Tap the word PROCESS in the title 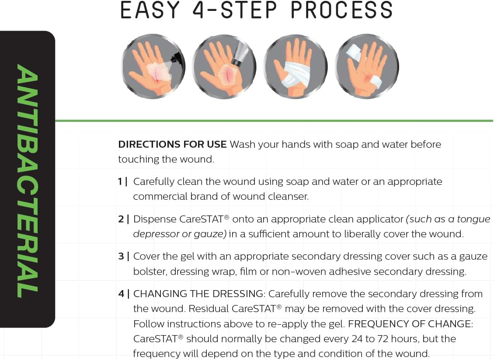341,10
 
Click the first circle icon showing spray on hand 153,66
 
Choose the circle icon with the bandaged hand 295,66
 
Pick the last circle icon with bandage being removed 366,66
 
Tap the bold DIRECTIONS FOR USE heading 172,144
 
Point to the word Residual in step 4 209,309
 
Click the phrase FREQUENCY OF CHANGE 411,324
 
